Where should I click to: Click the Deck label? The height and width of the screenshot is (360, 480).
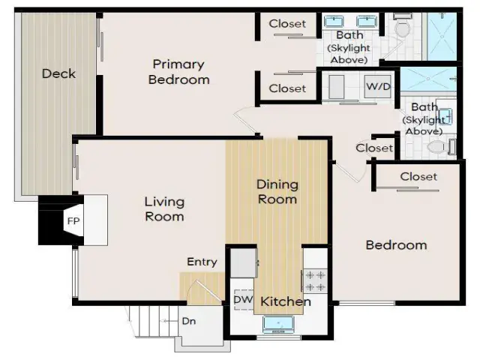pos(58,73)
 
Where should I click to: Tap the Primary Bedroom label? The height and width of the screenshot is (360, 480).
pos(179,72)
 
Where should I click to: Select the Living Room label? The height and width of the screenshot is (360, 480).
pos(165,209)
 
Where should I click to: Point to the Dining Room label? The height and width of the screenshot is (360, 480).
pos(277,192)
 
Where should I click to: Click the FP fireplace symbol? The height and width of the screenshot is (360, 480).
pos(73,220)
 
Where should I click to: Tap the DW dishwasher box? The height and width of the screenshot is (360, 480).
pos(244,300)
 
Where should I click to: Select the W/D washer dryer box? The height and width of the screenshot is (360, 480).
pos(378,87)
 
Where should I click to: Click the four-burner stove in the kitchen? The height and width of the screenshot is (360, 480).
pos(315,280)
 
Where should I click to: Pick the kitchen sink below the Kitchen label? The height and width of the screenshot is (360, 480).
pos(278,324)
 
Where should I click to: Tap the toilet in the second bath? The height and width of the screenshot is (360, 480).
pos(441,147)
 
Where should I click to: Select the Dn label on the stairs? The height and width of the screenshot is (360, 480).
pos(189,321)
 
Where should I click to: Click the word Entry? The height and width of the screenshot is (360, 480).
pos(202,262)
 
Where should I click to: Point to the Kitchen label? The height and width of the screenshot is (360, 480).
pos(286,301)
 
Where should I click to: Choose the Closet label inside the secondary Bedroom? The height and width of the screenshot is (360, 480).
pos(418,177)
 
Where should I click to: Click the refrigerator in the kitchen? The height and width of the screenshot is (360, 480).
pos(243,263)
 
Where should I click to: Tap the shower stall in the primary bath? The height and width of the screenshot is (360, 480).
pos(442,37)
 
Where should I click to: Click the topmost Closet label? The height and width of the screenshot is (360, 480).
pos(287,24)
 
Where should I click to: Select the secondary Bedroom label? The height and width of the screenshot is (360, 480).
pos(397,245)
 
